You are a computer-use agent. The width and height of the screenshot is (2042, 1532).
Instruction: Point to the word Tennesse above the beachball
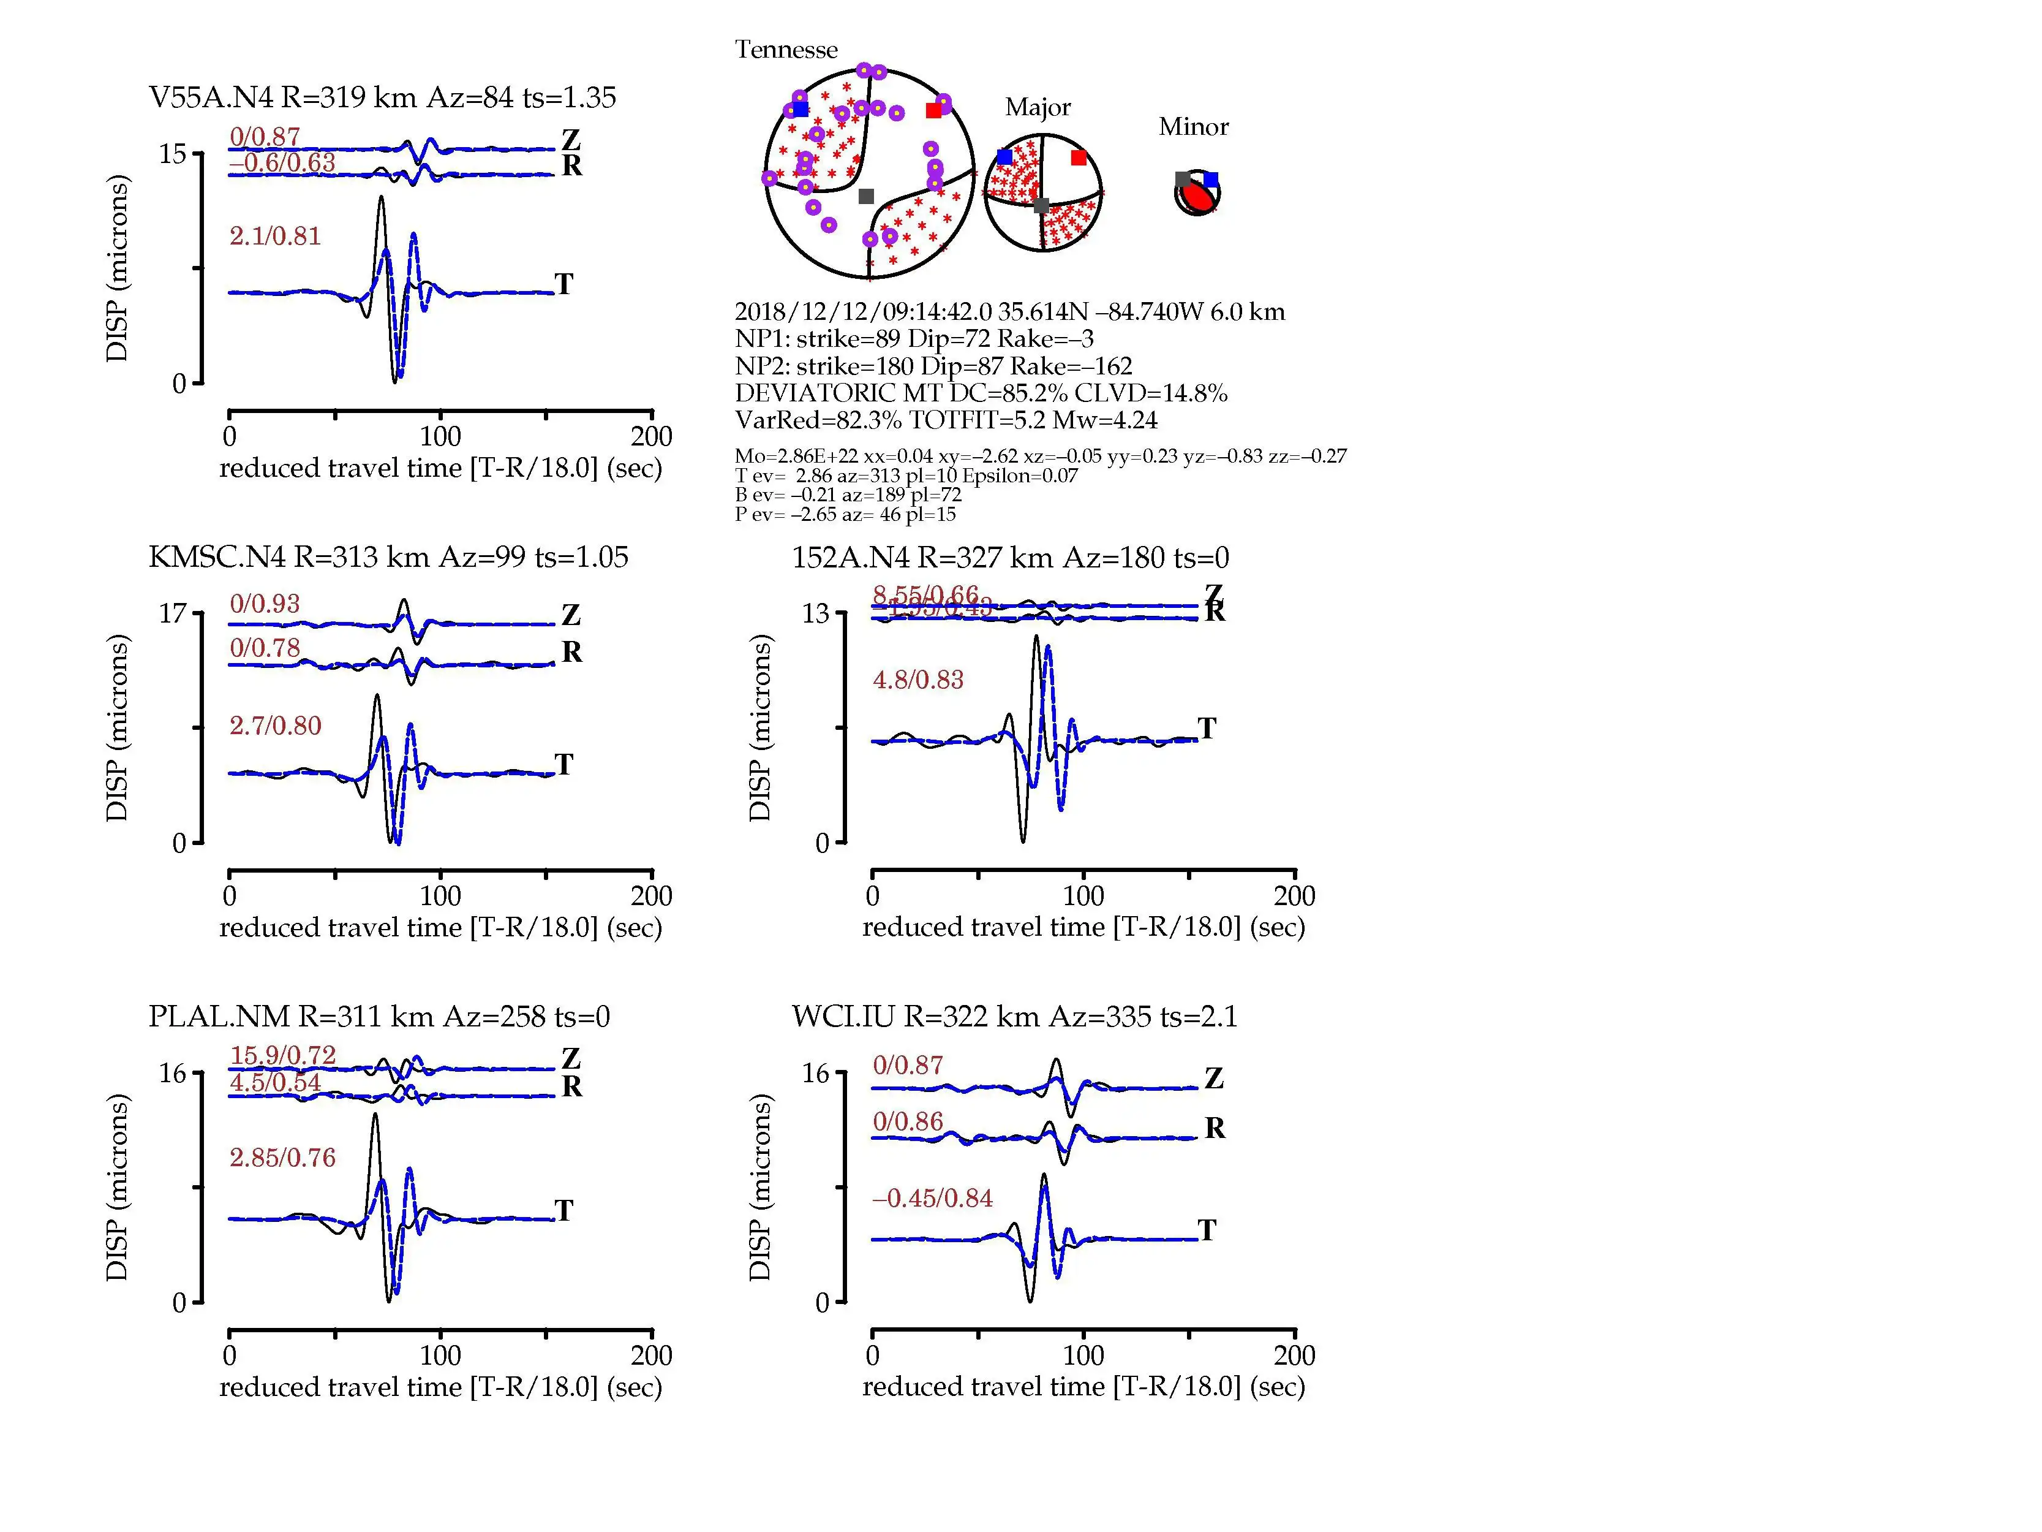[x=786, y=50]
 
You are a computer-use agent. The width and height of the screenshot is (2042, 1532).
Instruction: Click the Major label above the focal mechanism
[x=1038, y=107]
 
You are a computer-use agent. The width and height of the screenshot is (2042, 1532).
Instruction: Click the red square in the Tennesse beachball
[x=933, y=111]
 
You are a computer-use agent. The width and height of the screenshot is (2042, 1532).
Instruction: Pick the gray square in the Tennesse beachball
[x=866, y=195]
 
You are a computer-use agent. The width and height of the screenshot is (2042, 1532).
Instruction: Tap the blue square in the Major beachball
[x=1004, y=157]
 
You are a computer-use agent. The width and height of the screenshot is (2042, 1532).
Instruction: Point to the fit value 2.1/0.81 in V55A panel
[x=275, y=237]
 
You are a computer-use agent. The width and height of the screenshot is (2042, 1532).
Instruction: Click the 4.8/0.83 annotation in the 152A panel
[x=917, y=681]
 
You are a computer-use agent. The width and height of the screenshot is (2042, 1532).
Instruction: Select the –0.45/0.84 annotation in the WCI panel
[x=932, y=1199]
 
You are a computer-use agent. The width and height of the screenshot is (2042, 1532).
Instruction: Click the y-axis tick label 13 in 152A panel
[x=815, y=613]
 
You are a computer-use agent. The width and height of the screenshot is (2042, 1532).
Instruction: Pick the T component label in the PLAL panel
[x=564, y=1211]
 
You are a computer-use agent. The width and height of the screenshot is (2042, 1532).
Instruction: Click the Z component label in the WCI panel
[x=1214, y=1079]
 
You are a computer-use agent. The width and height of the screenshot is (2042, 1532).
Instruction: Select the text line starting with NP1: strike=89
[x=914, y=339]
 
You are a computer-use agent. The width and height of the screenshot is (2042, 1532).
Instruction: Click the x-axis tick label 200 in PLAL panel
[x=651, y=1356]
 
